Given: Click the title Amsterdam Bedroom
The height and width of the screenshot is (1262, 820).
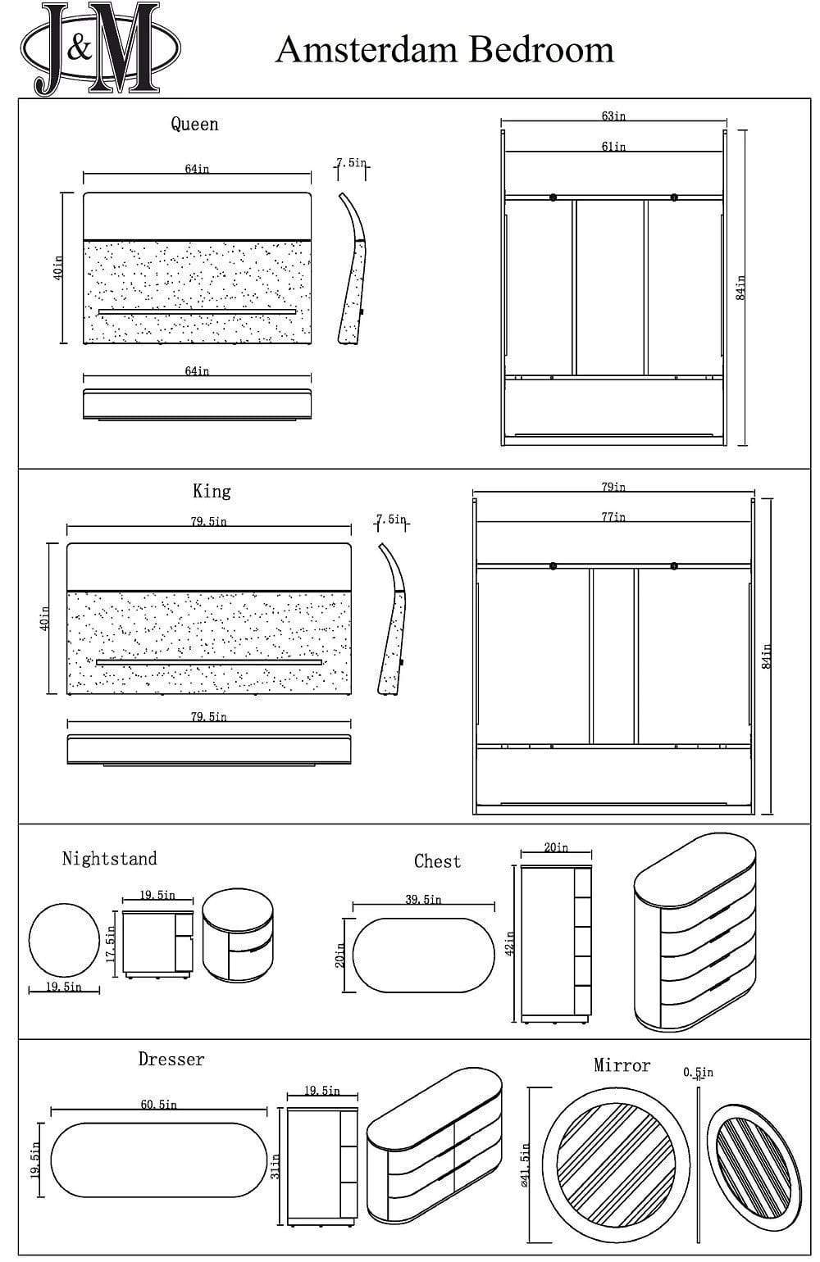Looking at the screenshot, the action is (x=444, y=50).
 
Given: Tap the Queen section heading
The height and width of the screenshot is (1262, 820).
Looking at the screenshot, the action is (x=194, y=125).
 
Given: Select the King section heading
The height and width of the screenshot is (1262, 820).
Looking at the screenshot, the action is (x=212, y=491).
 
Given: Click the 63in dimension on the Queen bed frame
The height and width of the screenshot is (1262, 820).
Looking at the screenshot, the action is (x=613, y=116).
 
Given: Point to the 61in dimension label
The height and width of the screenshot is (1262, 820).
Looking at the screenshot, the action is (x=613, y=147).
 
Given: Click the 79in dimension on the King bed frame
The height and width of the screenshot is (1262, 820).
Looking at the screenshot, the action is (x=613, y=487).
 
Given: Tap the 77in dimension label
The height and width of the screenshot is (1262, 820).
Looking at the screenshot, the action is (x=613, y=517).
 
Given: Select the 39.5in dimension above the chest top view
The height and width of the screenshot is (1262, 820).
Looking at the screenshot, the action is (x=423, y=900).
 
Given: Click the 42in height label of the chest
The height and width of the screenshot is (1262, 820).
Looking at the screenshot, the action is (x=510, y=943).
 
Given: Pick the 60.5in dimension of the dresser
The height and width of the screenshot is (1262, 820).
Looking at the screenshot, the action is (x=158, y=1105).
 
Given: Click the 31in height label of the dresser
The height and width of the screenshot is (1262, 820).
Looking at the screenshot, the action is (x=276, y=1166).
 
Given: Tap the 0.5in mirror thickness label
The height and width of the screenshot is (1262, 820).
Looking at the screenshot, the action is (x=698, y=1072).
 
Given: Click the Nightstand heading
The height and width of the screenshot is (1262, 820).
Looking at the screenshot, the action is (x=109, y=859).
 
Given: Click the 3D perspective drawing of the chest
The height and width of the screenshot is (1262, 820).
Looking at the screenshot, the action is (x=695, y=933).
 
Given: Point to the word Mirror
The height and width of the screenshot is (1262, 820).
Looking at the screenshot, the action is (x=622, y=1065).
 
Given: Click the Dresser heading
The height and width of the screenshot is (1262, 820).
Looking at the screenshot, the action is (x=171, y=1060).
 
